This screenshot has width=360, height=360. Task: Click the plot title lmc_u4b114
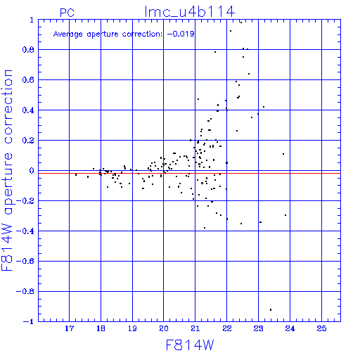[x=190, y=12]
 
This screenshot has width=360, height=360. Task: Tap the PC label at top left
[x=67, y=13]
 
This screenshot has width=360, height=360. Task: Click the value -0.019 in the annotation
[x=181, y=34]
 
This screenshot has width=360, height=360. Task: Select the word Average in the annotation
[x=68, y=34]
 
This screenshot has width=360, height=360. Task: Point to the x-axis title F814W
[x=190, y=345]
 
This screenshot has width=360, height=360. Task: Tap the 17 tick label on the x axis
[x=69, y=328]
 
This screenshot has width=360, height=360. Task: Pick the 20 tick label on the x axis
[x=164, y=328]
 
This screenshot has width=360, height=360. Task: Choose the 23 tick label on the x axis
[x=258, y=328]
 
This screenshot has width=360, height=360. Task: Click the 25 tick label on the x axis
[x=321, y=328]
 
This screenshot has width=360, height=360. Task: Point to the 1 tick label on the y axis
[x=32, y=20]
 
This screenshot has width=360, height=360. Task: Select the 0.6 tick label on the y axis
[x=28, y=80]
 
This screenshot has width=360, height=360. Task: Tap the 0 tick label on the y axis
[x=32, y=171]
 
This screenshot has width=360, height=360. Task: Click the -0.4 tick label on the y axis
[x=25, y=231]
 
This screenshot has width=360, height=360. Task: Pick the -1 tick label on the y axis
[x=29, y=321]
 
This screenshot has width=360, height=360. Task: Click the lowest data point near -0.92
[x=271, y=309]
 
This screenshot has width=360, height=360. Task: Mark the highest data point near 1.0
[x=241, y=22]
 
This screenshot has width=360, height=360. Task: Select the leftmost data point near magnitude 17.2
[x=76, y=174]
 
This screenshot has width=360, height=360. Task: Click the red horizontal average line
[x=189, y=173]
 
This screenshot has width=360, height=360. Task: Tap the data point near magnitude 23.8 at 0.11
[x=283, y=154]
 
